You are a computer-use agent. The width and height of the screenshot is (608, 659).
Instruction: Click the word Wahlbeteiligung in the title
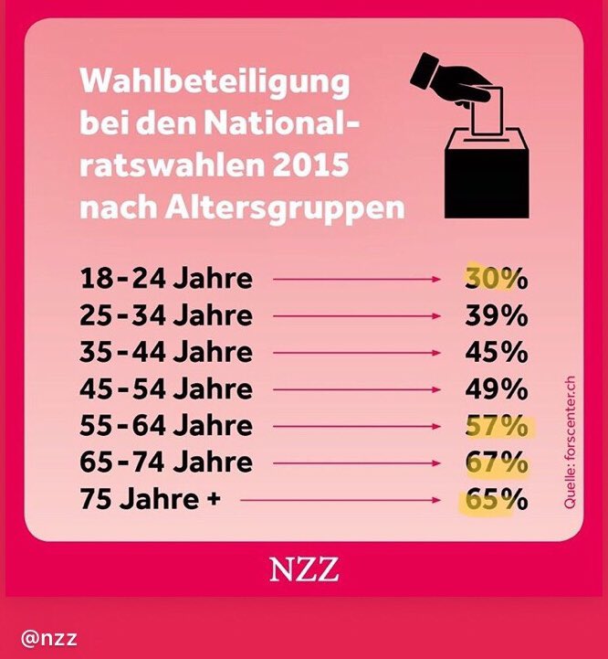coord(215,82)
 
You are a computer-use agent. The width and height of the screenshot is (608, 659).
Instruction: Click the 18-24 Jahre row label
coord(165,279)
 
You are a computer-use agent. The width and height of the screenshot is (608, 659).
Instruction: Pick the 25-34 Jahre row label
coord(165,316)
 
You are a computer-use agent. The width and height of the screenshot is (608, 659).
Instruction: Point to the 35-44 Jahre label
coord(165,353)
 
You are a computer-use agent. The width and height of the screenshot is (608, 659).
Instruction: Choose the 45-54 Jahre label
coord(165,390)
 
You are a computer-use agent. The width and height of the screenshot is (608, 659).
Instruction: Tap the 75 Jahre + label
coord(152,501)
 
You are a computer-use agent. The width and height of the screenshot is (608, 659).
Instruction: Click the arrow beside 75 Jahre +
coord(343,501)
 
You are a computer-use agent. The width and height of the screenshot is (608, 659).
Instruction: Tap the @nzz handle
coord(50,637)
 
